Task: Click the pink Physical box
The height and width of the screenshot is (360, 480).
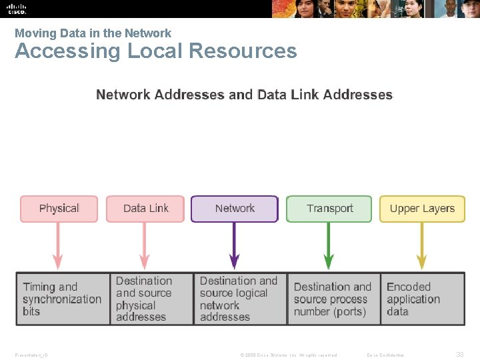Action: tap(59, 209)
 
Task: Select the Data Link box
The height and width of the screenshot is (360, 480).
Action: tap(145, 209)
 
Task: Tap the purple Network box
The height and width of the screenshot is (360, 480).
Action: tap(235, 209)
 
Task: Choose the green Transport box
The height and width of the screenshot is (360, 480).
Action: tap(329, 209)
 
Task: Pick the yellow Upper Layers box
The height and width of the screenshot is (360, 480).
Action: tap(422, 209)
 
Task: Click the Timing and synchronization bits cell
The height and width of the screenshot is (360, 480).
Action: tap(63, 299)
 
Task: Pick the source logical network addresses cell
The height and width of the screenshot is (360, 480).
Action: tap(240, 299)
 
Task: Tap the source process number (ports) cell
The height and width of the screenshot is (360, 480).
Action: tap(333, 299)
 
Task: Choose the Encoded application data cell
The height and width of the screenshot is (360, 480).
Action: tap(422, 299)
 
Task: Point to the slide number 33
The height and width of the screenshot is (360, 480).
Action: tap(459, 355)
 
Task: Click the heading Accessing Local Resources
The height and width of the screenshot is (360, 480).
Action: tap(155, 51)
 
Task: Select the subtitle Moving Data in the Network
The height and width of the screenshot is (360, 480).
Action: tap(93, 33)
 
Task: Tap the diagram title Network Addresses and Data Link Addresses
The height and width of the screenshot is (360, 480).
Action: tap(245, 95)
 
